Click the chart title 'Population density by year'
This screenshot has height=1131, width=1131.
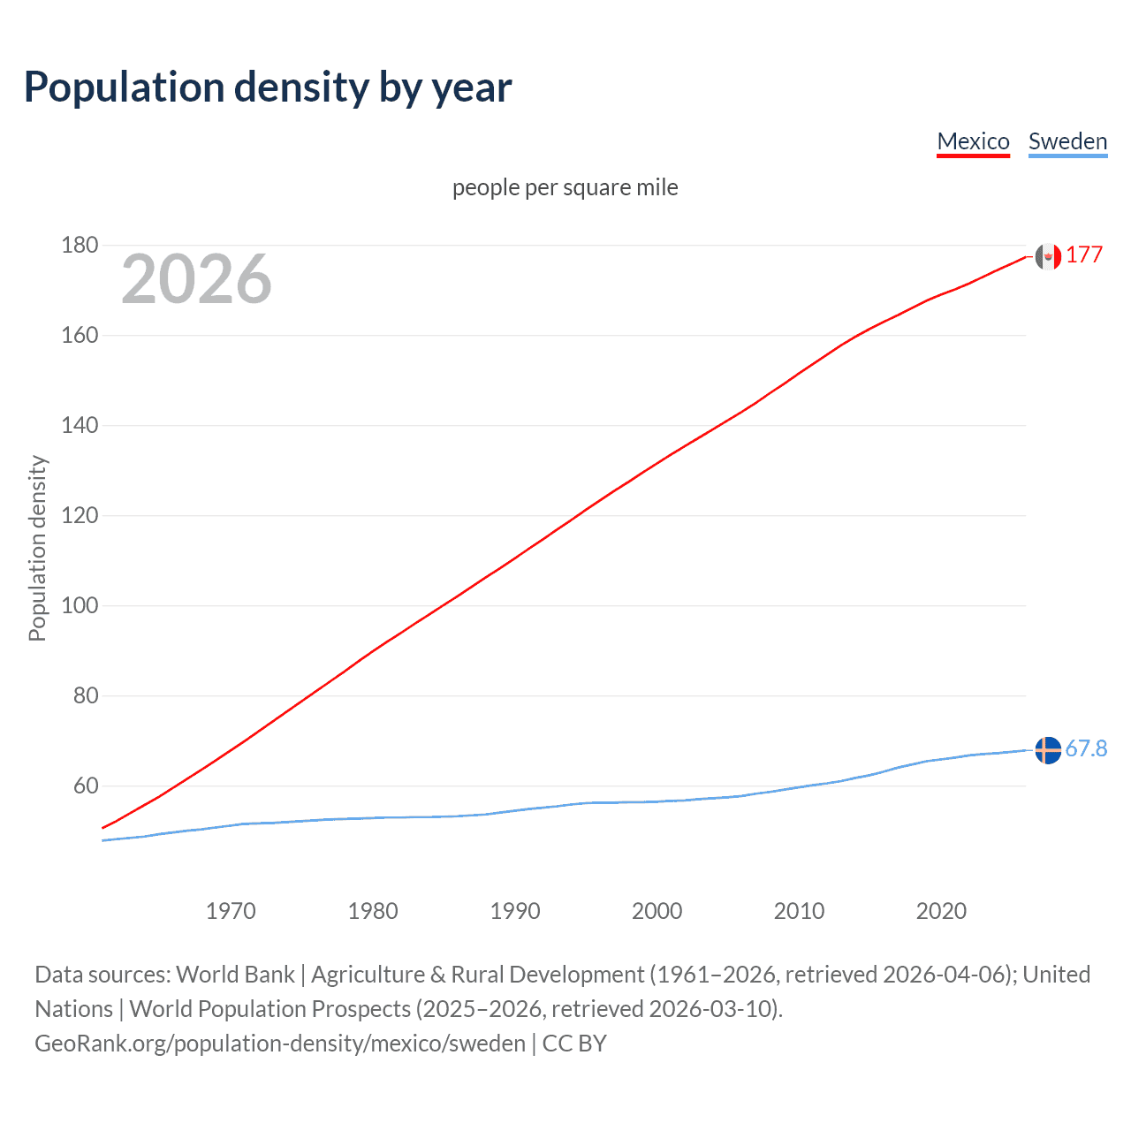[268, 87]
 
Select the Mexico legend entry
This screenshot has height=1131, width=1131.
[973, 141]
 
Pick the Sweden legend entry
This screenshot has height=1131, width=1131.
[1067, 141]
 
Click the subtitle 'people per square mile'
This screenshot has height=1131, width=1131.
[565, 187]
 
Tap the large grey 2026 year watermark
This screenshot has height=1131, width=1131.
[196, 279]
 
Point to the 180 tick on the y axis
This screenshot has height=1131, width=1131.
[80, 245]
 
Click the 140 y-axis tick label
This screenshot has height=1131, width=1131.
[80, 425]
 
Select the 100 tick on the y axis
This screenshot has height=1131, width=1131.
[80, 605]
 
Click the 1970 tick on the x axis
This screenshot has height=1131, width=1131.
[231, 911]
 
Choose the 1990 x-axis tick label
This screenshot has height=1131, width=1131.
[515, 911]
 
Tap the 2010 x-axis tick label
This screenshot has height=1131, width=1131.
[799, 911]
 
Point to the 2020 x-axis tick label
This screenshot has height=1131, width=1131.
[941, 911]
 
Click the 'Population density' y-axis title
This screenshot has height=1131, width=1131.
[37, 548]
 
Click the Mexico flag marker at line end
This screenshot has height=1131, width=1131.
[1048, 256]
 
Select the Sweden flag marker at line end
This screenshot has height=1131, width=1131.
[1048, 749]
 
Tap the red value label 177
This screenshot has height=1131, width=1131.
[1084, 255]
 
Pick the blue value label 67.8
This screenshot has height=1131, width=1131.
[1086, 749]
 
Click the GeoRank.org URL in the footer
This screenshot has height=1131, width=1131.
[280, 1044]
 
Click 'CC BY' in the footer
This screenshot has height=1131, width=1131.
[574, 1044]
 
